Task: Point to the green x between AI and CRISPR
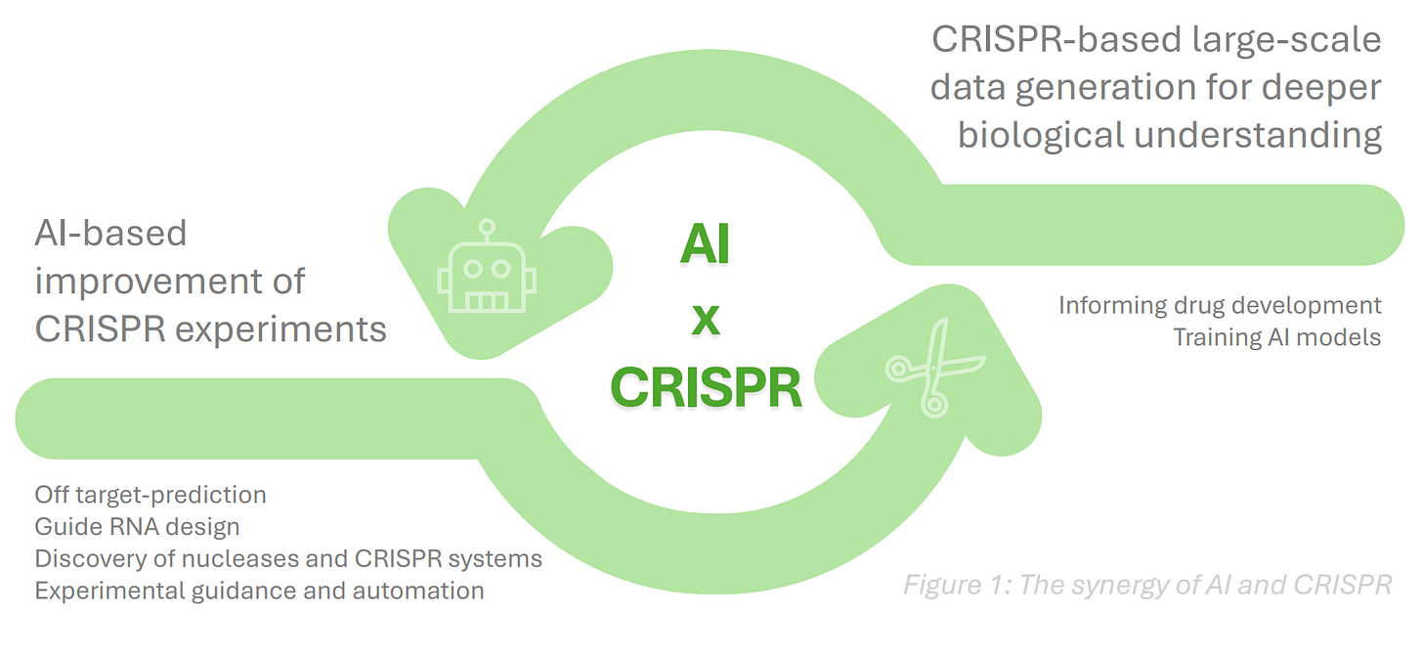point(705,320)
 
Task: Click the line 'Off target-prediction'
point(150,494)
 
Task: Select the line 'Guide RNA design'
point(137,527)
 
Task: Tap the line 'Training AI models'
point(1277,337)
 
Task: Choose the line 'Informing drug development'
point(1220,305)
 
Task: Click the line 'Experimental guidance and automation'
point(259,591)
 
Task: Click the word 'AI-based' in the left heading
point(110,233)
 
